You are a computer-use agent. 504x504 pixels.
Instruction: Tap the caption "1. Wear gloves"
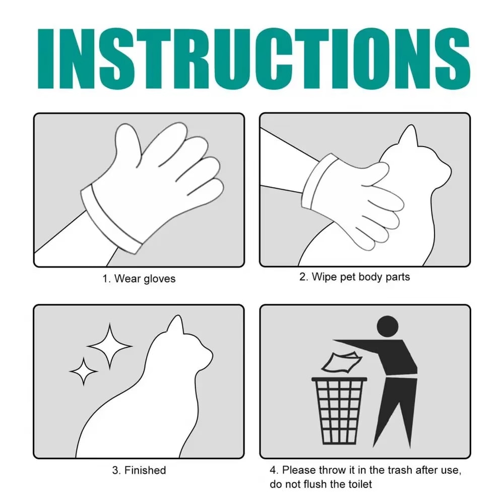coord(139,278)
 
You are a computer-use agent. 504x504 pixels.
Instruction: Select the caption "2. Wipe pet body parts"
coord(354,277)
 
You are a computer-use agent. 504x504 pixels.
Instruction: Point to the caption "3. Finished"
coord(139,470)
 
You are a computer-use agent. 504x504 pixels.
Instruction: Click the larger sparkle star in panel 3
coord(109,346)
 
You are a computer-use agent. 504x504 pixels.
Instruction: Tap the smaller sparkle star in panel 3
coord(84,371)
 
